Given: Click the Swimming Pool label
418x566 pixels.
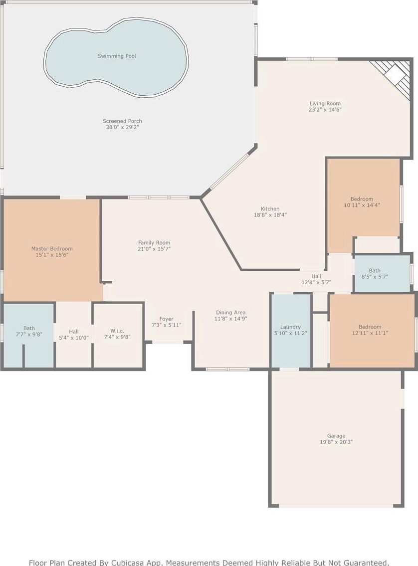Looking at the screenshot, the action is [117, 56].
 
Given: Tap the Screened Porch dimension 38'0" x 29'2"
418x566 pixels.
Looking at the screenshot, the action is [122, 127].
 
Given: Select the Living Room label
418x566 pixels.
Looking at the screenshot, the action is [325, 103].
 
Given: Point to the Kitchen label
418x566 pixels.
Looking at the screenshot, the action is [270, 208].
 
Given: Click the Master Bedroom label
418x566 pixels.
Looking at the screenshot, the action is [51, 248].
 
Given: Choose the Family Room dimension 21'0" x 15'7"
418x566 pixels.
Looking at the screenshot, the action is [154, 249].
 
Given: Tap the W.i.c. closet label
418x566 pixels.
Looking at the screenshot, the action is [117, 331].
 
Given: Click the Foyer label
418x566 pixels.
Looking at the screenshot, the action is [167, 319].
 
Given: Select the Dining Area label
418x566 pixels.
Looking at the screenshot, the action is [230, 313].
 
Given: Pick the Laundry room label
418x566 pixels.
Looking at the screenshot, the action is [290, 327].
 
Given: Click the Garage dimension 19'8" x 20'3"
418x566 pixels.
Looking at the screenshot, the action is [336, 441].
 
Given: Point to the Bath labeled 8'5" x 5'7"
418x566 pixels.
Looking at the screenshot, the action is [375, 270].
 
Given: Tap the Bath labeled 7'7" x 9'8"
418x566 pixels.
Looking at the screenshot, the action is [29, 328].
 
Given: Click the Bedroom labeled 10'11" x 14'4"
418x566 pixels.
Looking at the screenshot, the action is [362, 199].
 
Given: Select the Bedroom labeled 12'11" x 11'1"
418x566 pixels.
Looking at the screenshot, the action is [370, 327].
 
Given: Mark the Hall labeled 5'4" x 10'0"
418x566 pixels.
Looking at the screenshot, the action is [74, 331].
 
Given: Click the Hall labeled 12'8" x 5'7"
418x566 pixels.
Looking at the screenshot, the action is [316, 276].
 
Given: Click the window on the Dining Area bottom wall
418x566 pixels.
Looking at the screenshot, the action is [227, 369].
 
